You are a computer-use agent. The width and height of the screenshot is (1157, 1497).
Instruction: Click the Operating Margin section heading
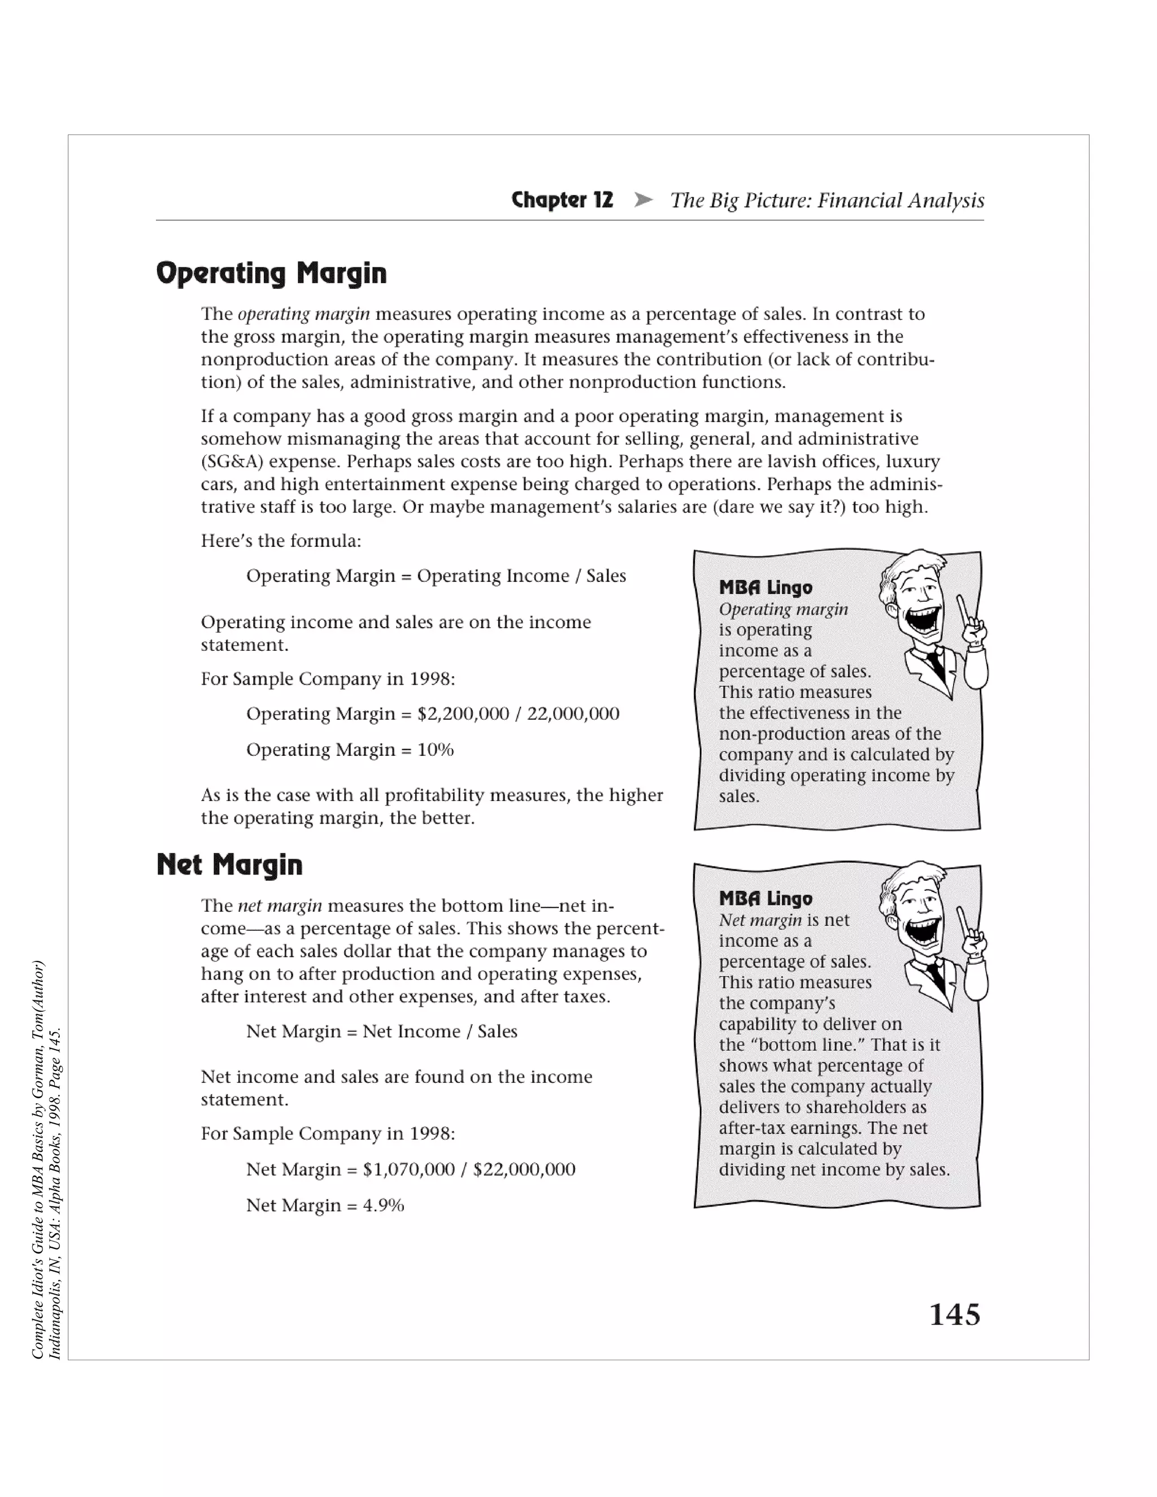pyautogui.click(x=271, y=273)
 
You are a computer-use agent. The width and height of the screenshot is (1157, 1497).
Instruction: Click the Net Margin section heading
pyautogui.click(x=229, y=864)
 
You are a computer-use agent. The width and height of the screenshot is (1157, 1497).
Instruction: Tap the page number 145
pyautogui.click(x=954, y=1315)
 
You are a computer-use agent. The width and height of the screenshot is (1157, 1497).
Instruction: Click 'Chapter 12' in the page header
pyautogui.click(x=562, y=200)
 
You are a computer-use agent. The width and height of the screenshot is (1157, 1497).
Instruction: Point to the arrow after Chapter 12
pyautogui.click(x=643, y=200)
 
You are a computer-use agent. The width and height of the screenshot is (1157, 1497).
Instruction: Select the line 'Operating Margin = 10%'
pyautogui.click(x=350, y=750)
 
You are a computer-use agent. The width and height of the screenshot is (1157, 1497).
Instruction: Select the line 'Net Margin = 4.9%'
pyautogui.click(x=325, y=1205)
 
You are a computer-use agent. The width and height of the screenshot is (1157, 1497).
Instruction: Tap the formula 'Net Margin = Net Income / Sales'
pyautogui.click(x=382, y=1032)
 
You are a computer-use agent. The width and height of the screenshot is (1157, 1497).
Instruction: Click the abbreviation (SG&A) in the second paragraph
pyautogui.click(x=232, y=462)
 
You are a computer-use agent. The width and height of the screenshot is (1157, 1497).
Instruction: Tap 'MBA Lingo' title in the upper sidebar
pyautogui.click(x=765, y=588)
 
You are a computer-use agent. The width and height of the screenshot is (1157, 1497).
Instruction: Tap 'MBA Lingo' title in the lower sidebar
pyautogui.click(x=765, y=899)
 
